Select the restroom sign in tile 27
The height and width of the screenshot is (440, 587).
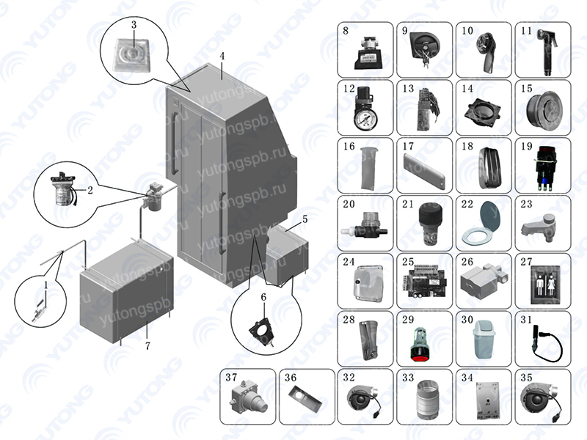click(544, 281)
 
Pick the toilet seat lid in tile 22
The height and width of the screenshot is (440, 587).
click(484, 221)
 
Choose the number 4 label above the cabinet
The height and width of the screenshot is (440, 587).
click(222, 56)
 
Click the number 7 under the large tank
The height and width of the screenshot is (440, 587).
click(147, 345)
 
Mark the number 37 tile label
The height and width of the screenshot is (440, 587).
click(231, 378)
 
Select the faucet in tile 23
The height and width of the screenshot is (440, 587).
click(541, 228)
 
